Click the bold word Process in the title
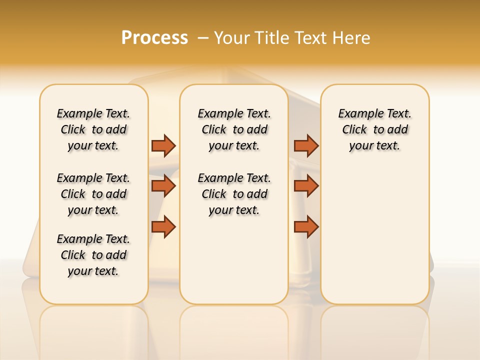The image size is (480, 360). tap(154, 37)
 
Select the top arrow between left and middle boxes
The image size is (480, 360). tap(163, 145)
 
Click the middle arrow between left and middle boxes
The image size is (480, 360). tap(163, 186)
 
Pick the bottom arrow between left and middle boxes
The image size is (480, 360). tap(163, 226)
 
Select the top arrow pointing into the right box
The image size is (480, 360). tap(306, 145)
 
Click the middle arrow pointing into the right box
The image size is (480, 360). tap(306, 186)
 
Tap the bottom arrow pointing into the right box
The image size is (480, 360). tap(306, 226)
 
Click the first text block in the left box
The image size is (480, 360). tap(93, 129)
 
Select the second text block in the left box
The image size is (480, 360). tap(93, 194)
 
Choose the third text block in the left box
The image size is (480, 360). tap(93, 255)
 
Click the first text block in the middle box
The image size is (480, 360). tap(234, 129)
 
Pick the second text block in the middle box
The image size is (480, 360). tap(234, 194)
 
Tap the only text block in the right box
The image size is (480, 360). tap(374, 129)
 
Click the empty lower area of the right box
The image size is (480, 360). tap(374, 235)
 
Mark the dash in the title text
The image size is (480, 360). tap(203, 38)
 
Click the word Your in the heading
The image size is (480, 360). tap(232, 38)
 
